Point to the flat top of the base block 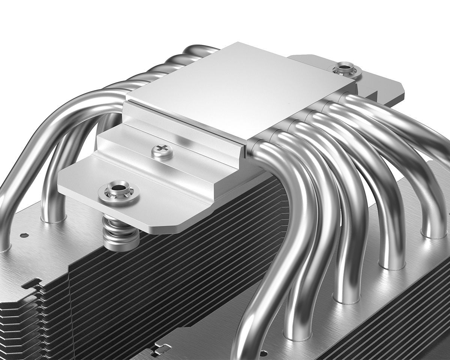(x=240, y=90)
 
